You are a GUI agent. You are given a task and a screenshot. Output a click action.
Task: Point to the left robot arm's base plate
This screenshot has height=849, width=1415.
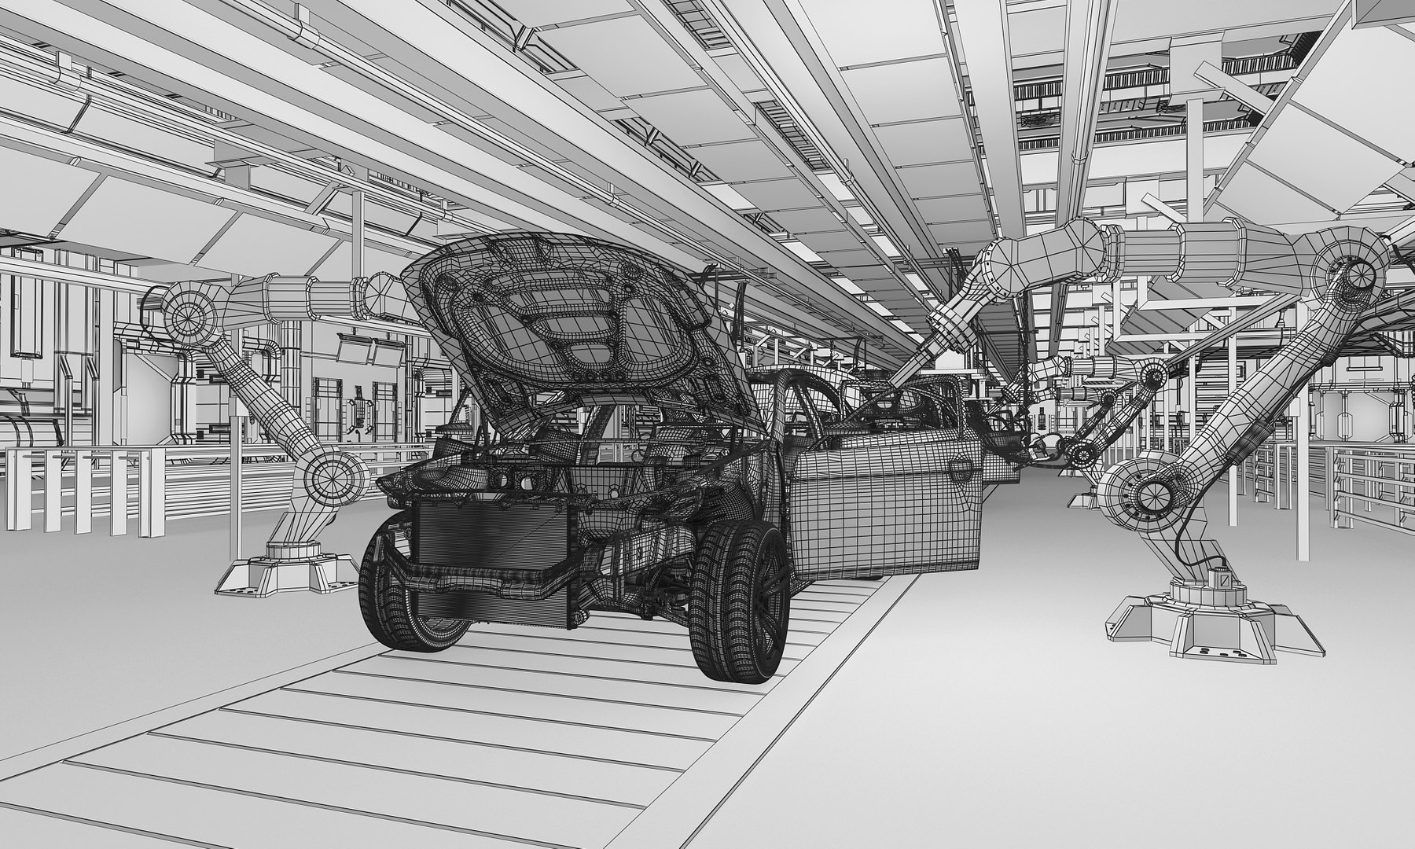point(287,574)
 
